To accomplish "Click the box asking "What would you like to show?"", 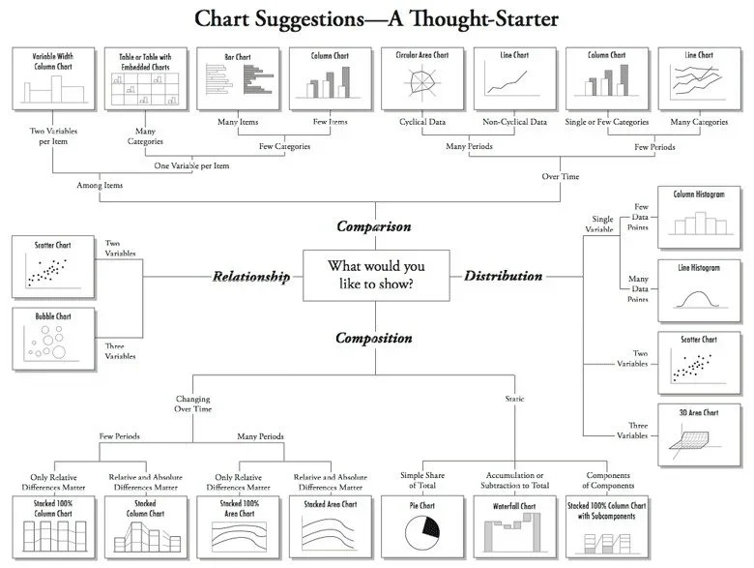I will click(376, 275).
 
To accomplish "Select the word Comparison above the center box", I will click(373, 226).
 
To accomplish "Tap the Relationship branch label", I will click(251, 277).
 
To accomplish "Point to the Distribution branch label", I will click(503, 276).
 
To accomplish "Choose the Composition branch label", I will click(374, 339).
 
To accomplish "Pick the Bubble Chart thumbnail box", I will click(53, 339).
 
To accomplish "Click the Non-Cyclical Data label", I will click(513, 122).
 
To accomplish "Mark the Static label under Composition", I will click(515, 399).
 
